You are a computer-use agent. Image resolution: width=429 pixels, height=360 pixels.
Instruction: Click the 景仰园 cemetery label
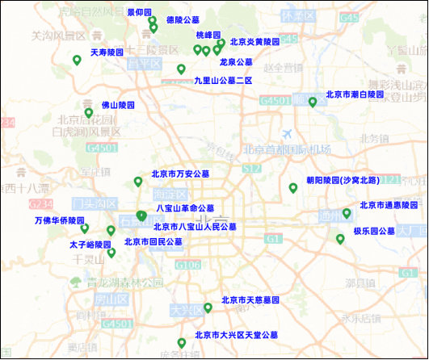pyautogui.click(x=140, y=13)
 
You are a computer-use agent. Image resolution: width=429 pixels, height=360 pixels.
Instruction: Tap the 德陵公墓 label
pyautogui.click(x=183, y=19)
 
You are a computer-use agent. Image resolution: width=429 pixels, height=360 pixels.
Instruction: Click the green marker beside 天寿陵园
pyautogui.click(x=77, y=59)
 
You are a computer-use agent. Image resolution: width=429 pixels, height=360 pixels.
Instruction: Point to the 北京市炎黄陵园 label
pyautogui.click(x=254, y=41)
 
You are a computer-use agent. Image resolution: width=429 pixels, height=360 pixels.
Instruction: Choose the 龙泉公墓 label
pyautogui.click(x=236, y=62)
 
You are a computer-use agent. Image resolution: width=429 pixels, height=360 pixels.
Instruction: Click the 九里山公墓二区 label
pyautogui.click(x=224, y=81)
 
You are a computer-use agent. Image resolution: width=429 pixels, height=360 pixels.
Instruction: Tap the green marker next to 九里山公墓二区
pyautogui.click(x=181, y=69)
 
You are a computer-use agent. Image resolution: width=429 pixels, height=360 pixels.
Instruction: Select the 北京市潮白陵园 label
pyautogui.click(x=355, y=94)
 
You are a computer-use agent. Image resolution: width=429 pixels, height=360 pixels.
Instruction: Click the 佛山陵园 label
pyautogui.click(x=118, y=106)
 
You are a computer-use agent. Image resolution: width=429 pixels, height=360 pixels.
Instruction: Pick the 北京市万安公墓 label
pyautogui.click(x=180, y=174)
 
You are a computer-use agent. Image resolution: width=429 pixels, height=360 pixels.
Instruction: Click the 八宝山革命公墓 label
pyautogui.click(x=185, y=208)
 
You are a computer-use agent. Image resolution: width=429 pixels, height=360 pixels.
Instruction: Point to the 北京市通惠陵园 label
pyautogui.click(x=389, y=206)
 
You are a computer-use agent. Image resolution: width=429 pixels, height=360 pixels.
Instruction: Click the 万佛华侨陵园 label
pyautogui.click(x=59, y=220)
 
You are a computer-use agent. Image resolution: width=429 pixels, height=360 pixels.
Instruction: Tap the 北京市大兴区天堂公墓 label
pyautogui.click(x=236, y=335)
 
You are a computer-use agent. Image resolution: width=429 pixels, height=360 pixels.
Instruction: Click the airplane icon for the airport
pyautogui.click(x=287, y=133)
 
